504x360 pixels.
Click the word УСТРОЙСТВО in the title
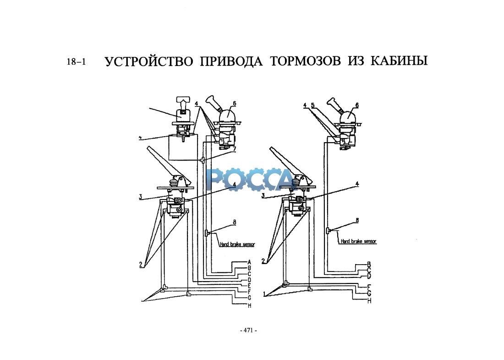point(149,61)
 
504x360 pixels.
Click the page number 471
point(249,330)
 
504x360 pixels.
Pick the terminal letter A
point(250,261)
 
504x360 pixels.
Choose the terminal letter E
point(250,285)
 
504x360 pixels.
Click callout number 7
point(234,150)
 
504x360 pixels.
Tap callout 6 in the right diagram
point(357,105)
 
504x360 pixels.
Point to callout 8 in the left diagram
point(234,222)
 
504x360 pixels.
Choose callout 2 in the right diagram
point(264,260)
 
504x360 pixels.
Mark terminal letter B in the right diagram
point(369,265)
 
